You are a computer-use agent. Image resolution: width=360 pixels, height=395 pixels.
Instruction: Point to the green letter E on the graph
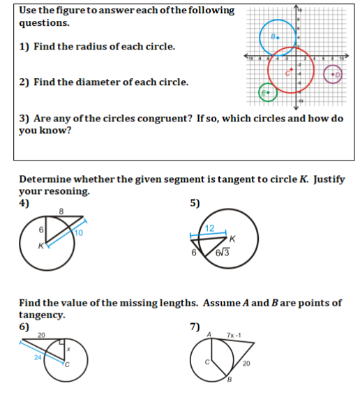[x=263, y=92]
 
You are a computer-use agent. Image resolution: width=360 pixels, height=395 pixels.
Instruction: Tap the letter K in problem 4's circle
[x=41, y=246]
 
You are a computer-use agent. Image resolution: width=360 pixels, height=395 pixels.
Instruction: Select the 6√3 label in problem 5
[x=224, y=252]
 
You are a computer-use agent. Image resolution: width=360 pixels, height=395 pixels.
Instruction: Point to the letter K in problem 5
[x=231, y=239]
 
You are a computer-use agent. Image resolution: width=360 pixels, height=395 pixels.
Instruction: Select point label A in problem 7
[x=208, y=336]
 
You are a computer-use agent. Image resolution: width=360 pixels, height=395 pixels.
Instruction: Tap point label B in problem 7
[x=227, y=379]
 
